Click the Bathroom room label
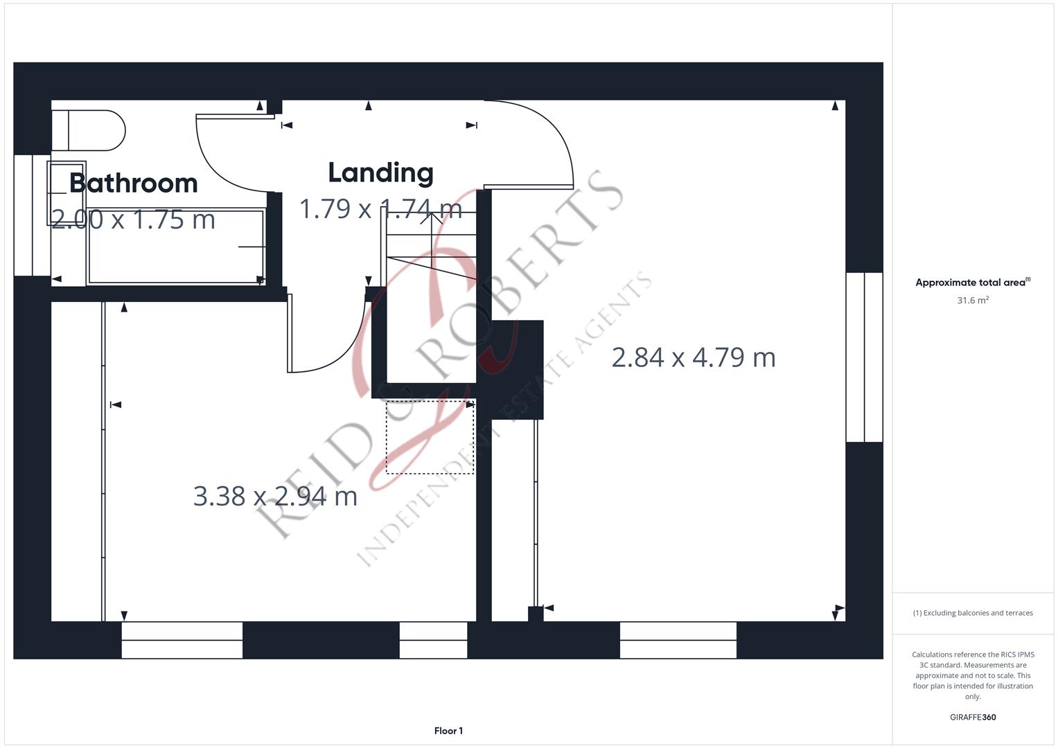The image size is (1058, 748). click(x=133, y=184)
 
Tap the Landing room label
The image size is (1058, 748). click(x=380, y=173)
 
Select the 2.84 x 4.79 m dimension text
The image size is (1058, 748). click(x=694, y=357)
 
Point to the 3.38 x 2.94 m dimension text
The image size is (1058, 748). click(x=275, y=497)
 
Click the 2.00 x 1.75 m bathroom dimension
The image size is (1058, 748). click(x=133, y=220)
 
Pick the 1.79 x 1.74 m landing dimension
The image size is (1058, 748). click(x=380, y=208)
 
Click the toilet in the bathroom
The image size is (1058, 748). click(x=88, y=130)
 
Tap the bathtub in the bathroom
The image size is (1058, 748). click(x=176, y=247)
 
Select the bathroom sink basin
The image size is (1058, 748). click(x=66, y=193)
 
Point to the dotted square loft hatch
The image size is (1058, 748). click(x=430, y=437)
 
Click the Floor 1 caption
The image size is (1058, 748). click(x=448, y=731)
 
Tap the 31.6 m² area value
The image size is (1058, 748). click(x=973, y=300)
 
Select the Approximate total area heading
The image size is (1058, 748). click(x=973, y=283)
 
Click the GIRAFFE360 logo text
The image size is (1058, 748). click(x=973, y=717)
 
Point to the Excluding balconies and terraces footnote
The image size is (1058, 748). click(x=973, y=613)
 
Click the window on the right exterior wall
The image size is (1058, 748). click(x=865, y=357)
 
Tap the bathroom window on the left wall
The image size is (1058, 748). click(x=32, y=215)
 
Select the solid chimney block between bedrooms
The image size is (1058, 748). click(x=517, y=370)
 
